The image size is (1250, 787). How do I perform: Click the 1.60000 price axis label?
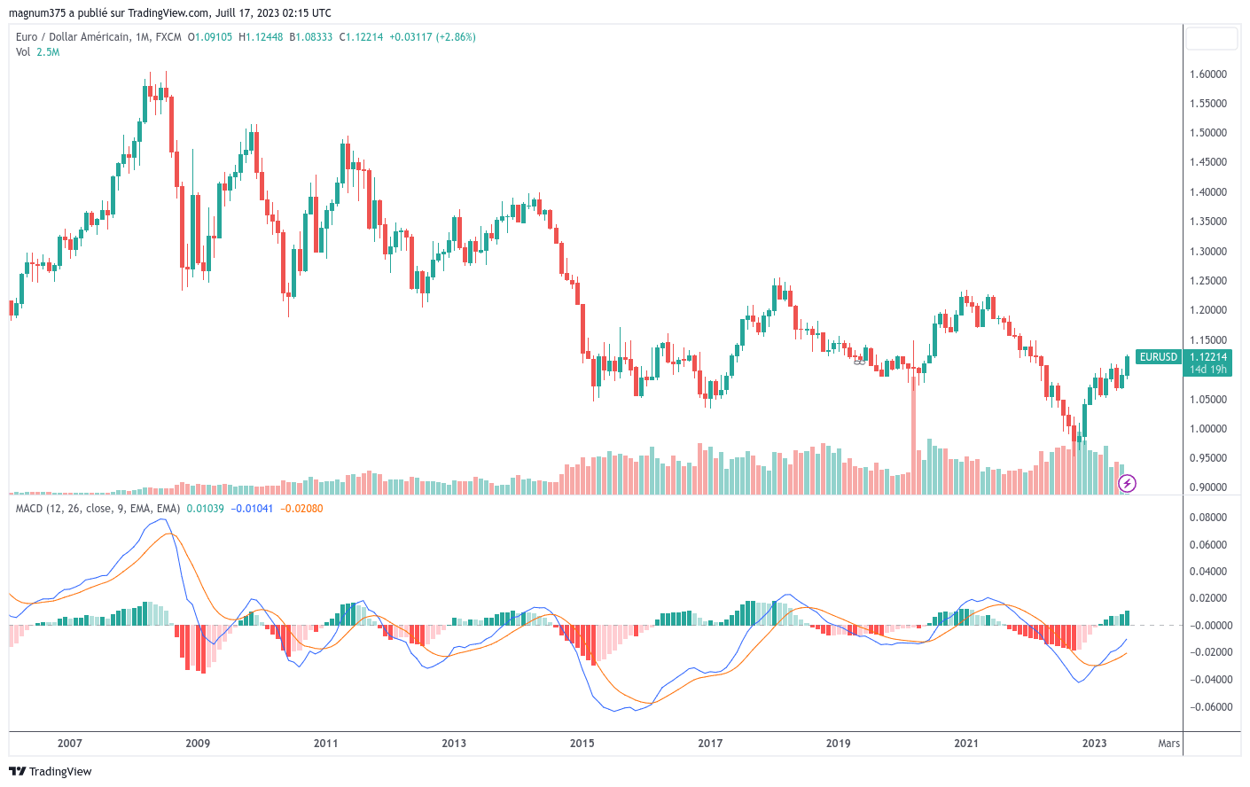point(1207,74)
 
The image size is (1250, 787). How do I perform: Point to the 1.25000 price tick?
point(1207,281)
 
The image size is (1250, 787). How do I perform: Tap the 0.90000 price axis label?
point(1207,487)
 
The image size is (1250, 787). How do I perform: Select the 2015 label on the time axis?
point(582,744)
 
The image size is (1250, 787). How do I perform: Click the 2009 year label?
point(198,744)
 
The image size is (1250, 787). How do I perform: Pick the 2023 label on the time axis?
point(1094,744)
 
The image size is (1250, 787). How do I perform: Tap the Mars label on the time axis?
point(1168,744)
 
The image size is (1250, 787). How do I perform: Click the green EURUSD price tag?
point(1158,357)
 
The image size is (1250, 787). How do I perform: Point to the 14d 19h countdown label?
point(1207,370)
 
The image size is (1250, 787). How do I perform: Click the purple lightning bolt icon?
point(1127,483)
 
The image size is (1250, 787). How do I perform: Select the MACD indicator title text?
point(98,509)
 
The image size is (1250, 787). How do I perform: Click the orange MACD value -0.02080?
point(301,509)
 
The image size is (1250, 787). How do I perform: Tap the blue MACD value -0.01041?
point(252,509)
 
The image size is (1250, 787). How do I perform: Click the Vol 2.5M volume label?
point(37,52)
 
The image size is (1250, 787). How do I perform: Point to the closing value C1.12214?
point(361,37)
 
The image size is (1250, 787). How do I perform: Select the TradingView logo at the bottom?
point(51,771)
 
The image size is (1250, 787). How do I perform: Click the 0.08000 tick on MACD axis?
point(1209,518)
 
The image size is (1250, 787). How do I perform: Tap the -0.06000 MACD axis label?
point(1209,707)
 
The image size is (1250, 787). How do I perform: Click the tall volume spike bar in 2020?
point(913,434)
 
